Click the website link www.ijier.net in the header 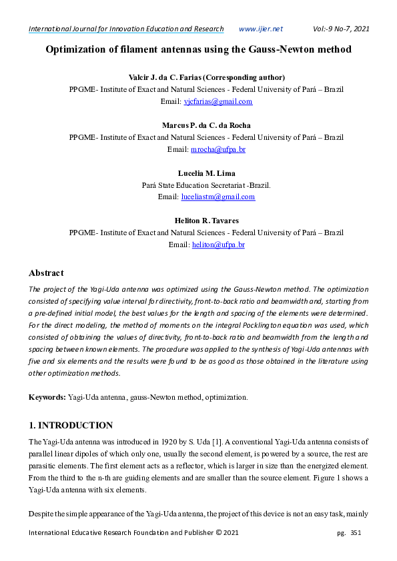tap(260, 29)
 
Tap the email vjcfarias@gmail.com tap(218, 102)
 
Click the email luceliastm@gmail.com tap(218, 197)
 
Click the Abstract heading tap(46, 273)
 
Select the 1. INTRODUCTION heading tap(71, 425)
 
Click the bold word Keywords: tap(47, 397)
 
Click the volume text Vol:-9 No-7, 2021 tap(341, 29)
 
